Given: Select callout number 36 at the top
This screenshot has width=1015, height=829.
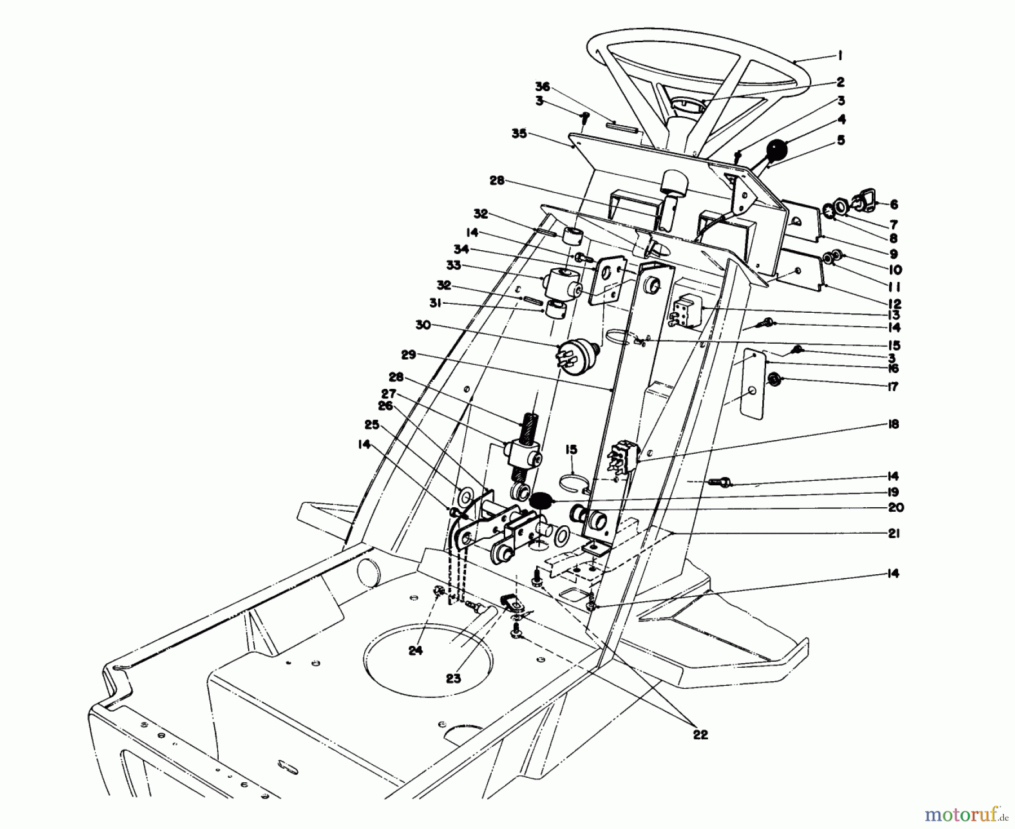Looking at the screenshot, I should tap(542, 87).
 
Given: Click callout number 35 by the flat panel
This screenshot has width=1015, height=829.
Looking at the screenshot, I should tap(519, 134).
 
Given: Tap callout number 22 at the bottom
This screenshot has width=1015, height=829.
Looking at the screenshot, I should tap(700, 735).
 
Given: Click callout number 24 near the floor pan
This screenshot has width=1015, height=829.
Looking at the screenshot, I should tap(415, 650).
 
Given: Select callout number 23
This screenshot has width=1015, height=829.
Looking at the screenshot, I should tap(453, 678).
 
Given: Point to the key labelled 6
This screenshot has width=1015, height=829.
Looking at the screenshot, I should tap(866, 202).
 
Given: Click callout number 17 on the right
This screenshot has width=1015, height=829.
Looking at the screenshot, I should tap(892, 387).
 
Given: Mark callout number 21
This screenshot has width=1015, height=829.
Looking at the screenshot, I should tap(893, 533).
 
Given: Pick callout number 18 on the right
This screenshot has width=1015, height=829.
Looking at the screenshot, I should tap(892, 424).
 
